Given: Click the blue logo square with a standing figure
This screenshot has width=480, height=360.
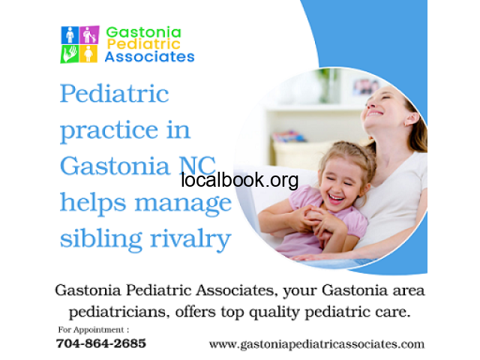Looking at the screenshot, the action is pos(70,35).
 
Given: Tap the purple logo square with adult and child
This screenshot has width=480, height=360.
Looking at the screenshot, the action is pos(89,34).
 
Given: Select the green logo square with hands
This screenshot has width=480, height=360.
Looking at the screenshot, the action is pos(70,54).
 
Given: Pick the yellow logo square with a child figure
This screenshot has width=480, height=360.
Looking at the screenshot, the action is pos(88,53).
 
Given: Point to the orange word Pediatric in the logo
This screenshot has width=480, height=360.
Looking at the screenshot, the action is pos(143,43).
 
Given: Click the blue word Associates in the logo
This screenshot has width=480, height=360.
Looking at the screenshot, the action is pos(150,57).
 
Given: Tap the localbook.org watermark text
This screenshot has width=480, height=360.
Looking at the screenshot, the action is pos(240,180).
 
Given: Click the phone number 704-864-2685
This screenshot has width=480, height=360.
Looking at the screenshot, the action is pos(101,343).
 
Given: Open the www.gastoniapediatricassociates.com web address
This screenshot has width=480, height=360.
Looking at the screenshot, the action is pos(316,344).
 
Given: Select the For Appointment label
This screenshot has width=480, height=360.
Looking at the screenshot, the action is pos(94,330).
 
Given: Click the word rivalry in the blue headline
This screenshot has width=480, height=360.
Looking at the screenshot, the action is pos(190,240).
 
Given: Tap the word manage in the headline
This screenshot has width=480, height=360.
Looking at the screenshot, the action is pos(183,204).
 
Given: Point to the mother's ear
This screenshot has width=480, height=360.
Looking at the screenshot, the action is pos(412,119).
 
